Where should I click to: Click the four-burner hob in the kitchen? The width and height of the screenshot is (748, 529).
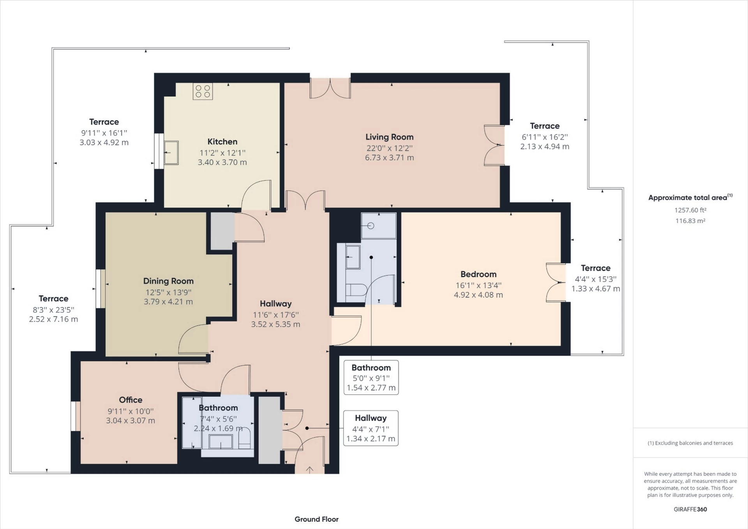(203, 92)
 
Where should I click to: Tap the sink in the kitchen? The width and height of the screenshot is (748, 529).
(171, 152)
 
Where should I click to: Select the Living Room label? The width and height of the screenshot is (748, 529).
(389, 137)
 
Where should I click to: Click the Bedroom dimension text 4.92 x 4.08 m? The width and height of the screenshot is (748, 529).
(478, 295)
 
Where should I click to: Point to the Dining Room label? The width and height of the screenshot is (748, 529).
(168, 281)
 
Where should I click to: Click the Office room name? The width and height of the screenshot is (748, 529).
(131, 400)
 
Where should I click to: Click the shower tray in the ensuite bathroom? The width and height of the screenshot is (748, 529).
(378, 226)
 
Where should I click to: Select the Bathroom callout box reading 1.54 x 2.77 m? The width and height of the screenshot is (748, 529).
(371, 377)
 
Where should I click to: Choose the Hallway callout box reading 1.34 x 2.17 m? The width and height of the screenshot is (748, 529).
(370, 428)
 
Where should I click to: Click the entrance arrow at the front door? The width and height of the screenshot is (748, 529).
(309, 470)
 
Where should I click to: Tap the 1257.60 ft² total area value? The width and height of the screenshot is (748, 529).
(690, 210)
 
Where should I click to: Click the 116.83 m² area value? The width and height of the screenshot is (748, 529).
(690, 221)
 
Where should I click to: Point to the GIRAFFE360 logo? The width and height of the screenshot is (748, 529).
(690, 509)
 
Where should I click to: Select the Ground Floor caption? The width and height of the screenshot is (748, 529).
(316, 519)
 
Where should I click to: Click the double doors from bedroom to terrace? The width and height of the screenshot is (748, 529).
(556, 283)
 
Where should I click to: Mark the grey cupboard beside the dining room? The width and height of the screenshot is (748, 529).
(222, 231)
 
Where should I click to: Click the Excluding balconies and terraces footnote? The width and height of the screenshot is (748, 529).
(690, 443)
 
